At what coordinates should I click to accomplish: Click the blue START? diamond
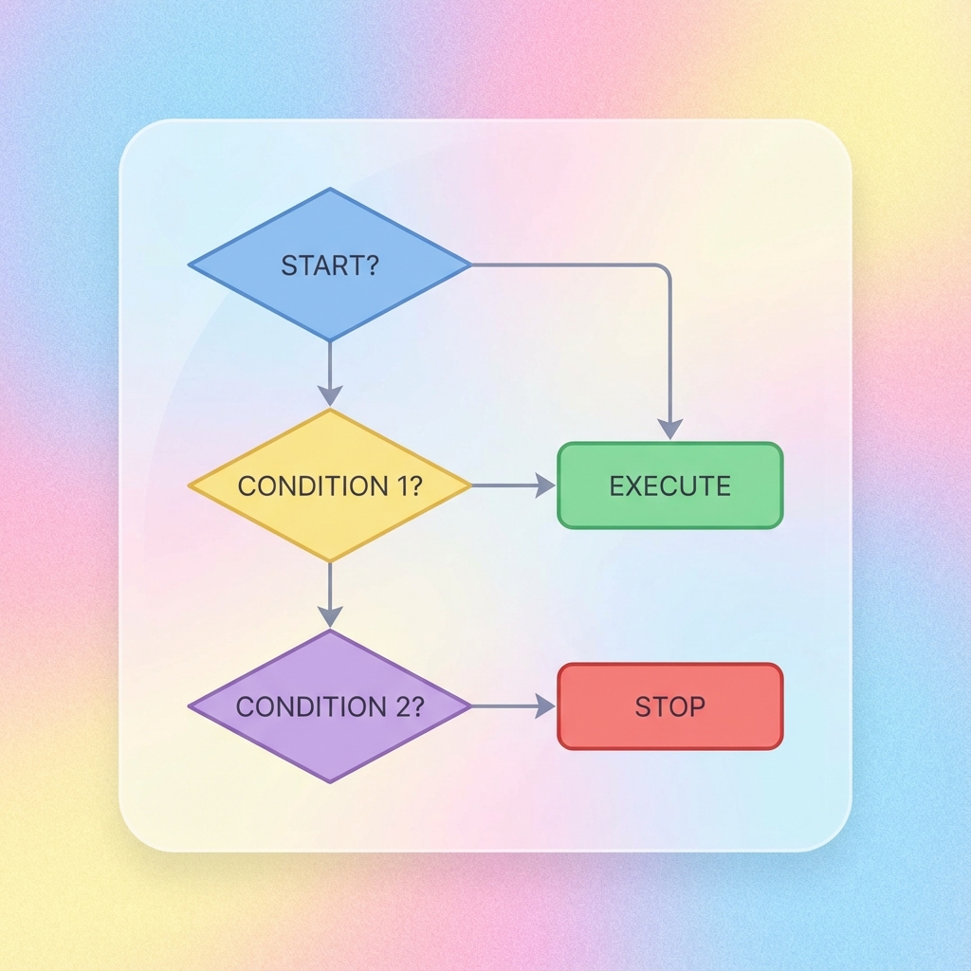pos(329,265)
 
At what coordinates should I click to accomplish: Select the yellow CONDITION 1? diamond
pos(329,485)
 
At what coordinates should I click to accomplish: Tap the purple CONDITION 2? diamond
pos(329,706)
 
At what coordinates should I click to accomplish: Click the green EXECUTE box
pos(669,485)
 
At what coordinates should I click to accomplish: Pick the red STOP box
pos(669,706)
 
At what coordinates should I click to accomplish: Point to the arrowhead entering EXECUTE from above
pos(669,429)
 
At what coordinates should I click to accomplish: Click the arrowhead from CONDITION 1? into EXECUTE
pos(545,485)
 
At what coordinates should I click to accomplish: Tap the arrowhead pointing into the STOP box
pos(545,706)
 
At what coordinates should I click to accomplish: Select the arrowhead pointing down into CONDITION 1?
pos(329,395)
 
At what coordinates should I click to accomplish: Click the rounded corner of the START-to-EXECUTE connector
pos(665,270)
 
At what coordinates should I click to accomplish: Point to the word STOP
pos(669,706)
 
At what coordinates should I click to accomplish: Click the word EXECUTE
pos(669,486)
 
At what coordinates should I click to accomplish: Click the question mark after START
pos(371,265)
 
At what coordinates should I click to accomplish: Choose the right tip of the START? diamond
pos(468,265)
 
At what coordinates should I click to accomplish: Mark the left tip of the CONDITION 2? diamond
pos(191,706)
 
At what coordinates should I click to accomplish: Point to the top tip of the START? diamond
pos(329,189)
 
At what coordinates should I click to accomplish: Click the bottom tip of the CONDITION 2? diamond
pos(329,781)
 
